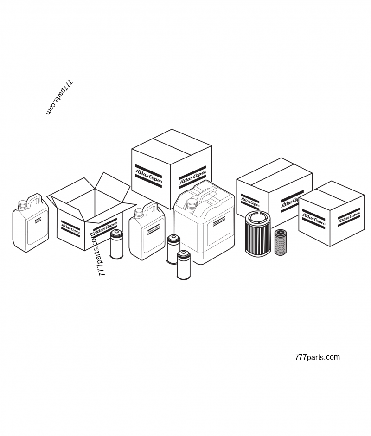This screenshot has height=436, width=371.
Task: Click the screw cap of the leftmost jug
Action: click(x=22, y=204)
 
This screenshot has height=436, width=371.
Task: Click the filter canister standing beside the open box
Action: click(x=116, y=244)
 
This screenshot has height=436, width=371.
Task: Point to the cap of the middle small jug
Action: click(x=139, y=213)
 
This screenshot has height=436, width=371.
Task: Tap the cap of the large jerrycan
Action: click(x=192, y=203)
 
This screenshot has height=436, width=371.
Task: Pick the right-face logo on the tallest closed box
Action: click(x=192, y=177)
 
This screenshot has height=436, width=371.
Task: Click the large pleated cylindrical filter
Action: click(x=258, y=234)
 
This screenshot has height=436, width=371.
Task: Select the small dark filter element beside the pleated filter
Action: click(x=280, y=242)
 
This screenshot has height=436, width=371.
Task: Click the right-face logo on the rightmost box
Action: click(x=349, y=216)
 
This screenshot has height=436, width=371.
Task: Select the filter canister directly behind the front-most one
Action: click(x=173, y=249)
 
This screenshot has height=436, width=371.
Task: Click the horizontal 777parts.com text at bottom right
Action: click(x=317, y=357)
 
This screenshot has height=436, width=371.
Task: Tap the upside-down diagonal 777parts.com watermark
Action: click(x=59, y=98)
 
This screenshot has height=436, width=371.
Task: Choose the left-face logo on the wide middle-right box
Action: click(x=250, y=202)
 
